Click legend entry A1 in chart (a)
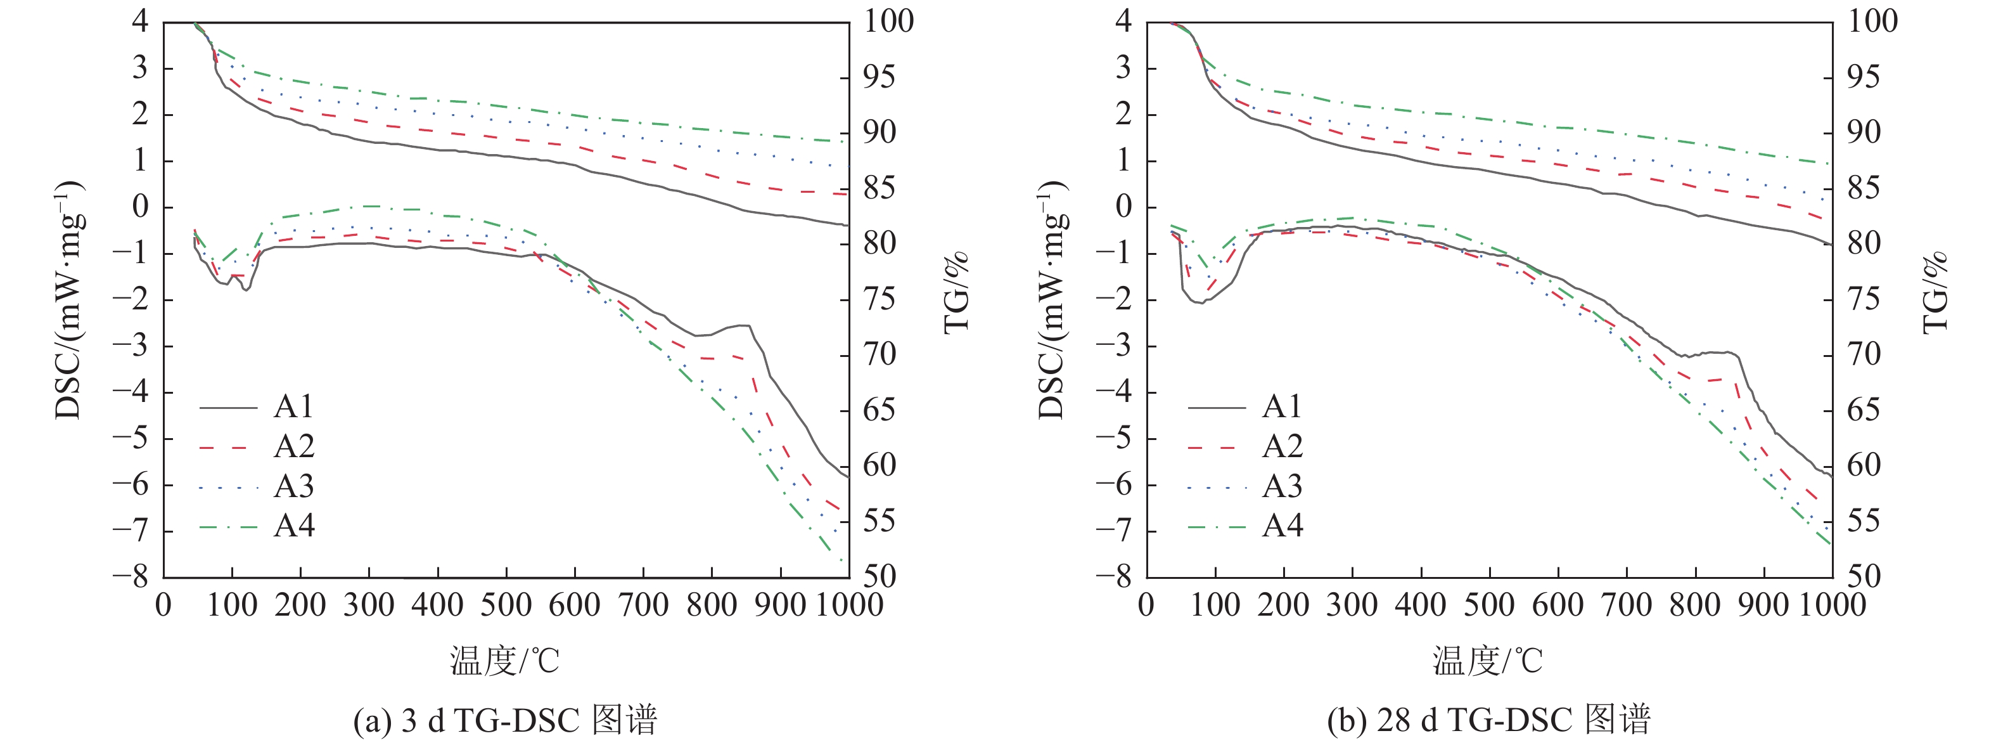click(257, 406)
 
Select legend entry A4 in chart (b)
click(1245, 526)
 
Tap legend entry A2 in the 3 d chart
click(257, 446)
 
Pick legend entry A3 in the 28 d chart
click(1245, 487)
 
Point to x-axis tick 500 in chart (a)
click(506, 605)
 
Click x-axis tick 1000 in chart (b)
click(1833, 605)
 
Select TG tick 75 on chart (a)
click(880, 299)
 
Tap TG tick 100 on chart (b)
click(1874, 21)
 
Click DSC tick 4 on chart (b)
click(1123, 21)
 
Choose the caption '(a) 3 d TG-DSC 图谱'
click(505, 720)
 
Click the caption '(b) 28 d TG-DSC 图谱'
click(1488, 720)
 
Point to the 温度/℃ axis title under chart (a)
click(504, 661)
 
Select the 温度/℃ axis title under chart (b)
click(1488, 661)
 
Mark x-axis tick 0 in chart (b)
click(1147, 605)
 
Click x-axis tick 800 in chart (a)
click(712, 605)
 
